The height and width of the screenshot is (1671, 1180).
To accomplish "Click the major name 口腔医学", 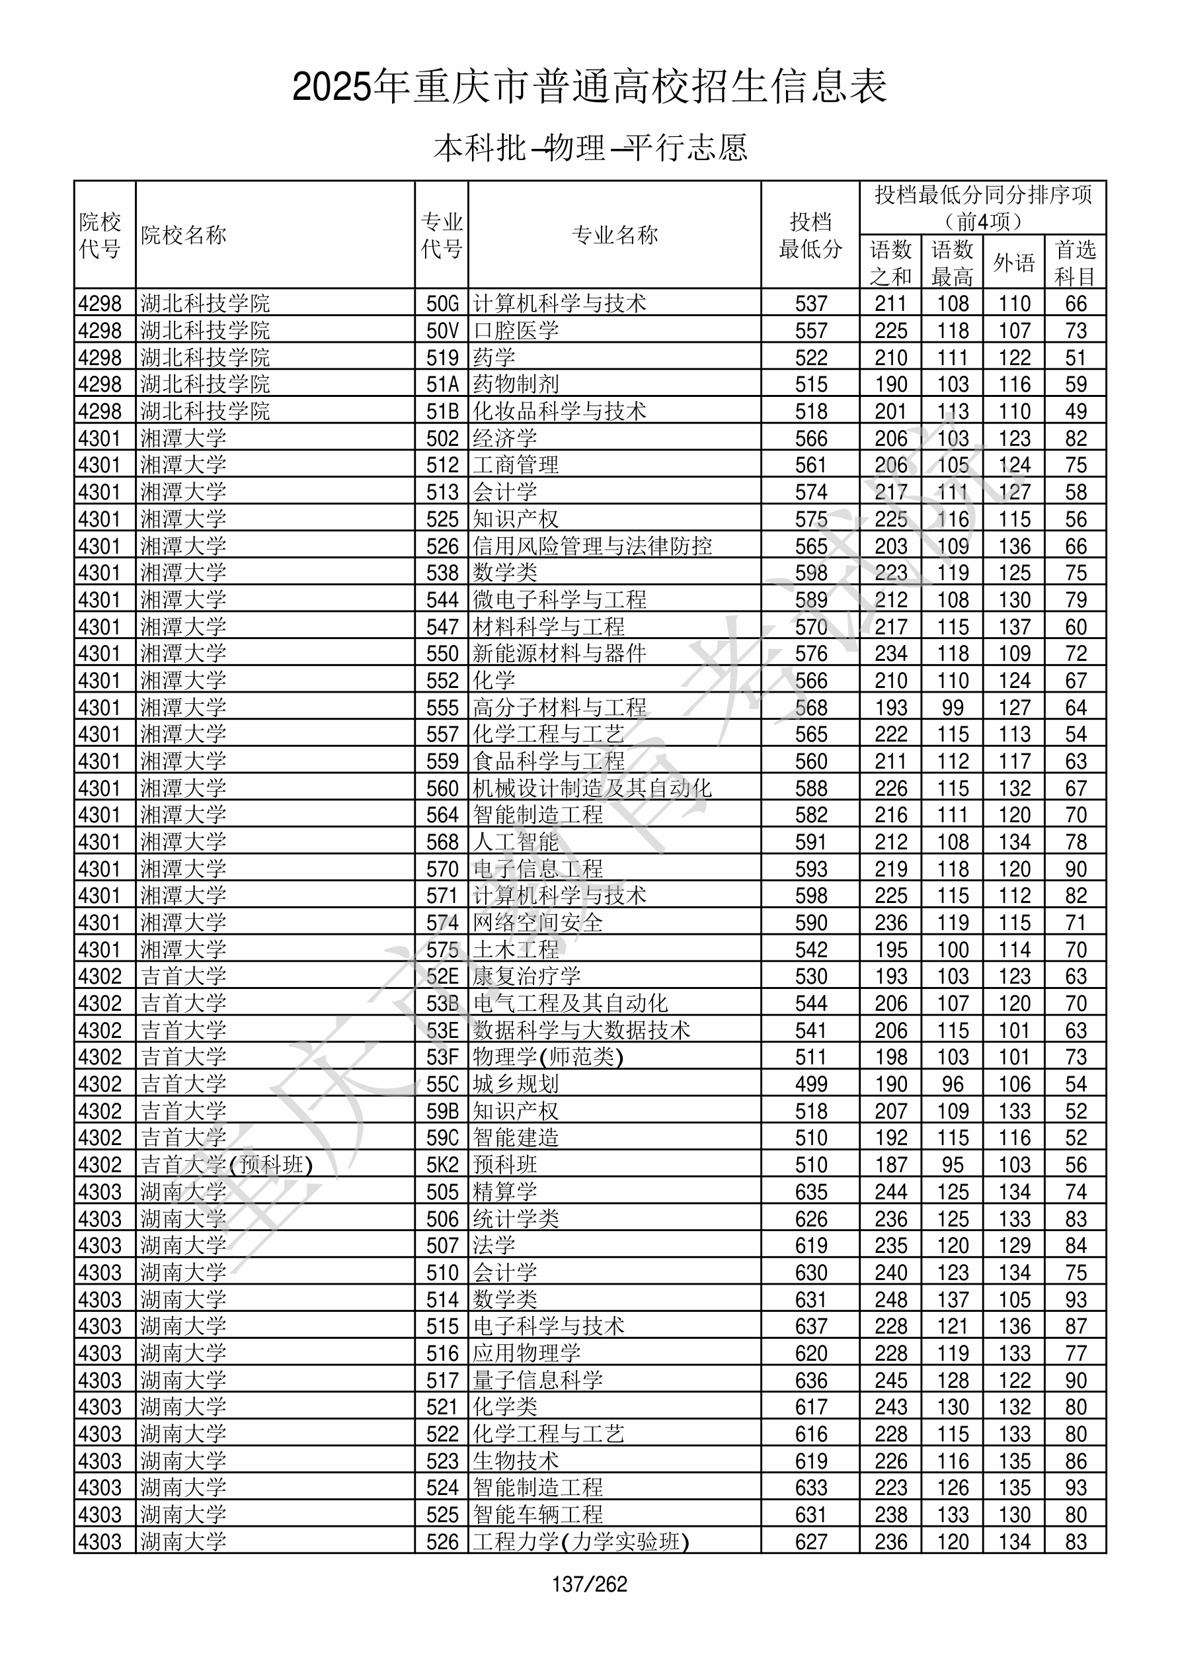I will [516, 330].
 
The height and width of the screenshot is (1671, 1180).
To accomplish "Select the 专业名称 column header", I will [615, 235].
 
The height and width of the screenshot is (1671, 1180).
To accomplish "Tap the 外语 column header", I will [1013, 263].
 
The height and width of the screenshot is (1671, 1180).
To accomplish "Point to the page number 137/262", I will [589, 1584].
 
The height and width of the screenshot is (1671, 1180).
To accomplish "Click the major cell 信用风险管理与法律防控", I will [592, 546].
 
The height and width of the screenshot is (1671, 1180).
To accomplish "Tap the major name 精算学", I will [505, 1192].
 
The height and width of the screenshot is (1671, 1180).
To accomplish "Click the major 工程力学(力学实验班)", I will [580, 1541].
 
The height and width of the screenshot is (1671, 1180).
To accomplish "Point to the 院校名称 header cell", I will [184, 235].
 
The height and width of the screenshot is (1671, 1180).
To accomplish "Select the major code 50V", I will [442, 330].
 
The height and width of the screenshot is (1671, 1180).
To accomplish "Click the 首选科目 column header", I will [1076, 263].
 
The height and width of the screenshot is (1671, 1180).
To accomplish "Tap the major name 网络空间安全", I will [537, 923].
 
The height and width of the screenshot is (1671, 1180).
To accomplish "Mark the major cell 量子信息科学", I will [537, 1380].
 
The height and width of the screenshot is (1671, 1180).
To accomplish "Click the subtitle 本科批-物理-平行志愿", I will [590, 148].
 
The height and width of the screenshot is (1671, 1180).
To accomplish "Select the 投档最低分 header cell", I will [810, 235].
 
